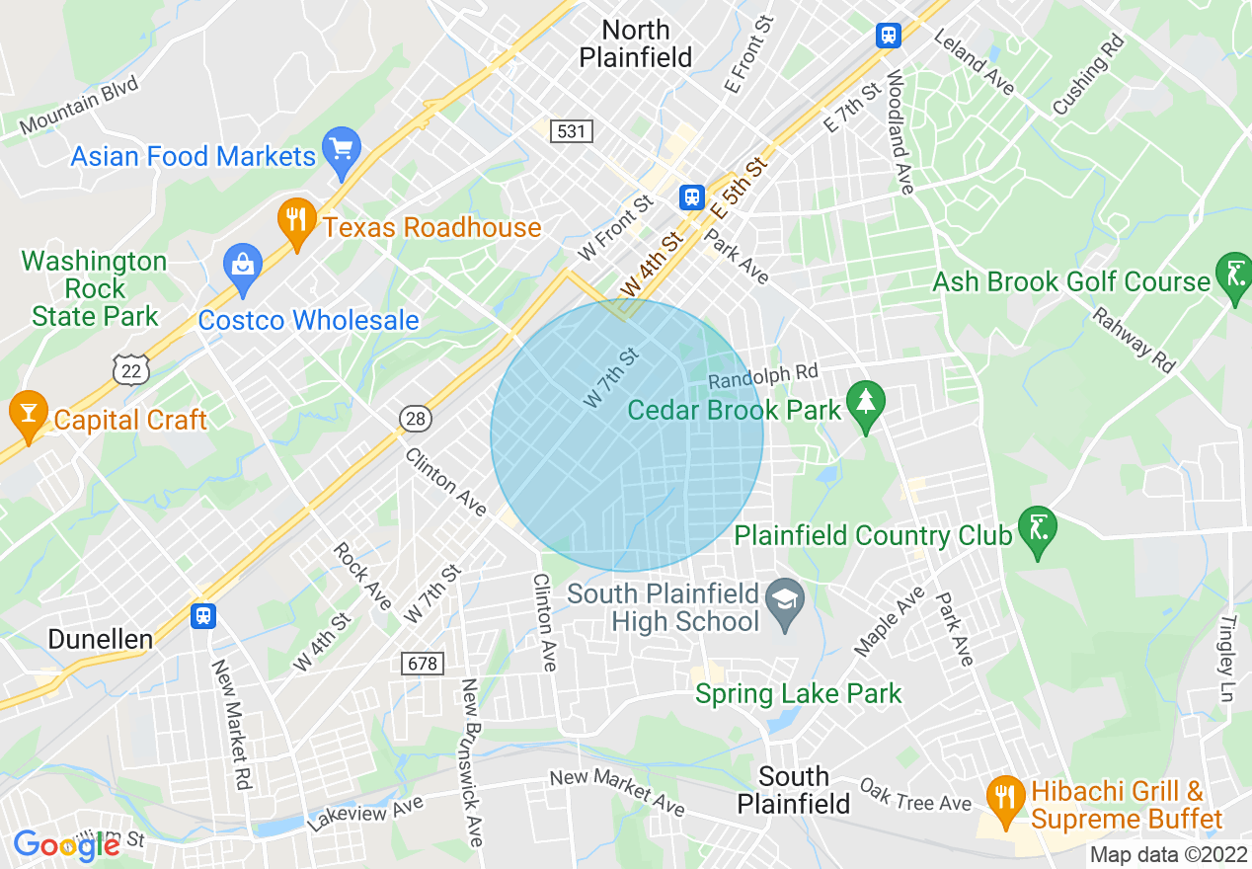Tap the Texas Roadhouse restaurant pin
pos(295,221)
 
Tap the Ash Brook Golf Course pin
pos(1234,276)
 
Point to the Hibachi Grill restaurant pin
pos(1005,798)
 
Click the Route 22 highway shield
pos(131,367)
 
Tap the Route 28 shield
pos(416,419)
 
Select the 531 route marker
pos(572,130)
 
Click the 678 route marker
pos(422,664)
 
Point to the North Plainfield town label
pos(635,43)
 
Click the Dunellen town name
pos(101,639)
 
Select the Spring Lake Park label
pos(798,693)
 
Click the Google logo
pos(66,844)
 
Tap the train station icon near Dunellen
pos(203,615)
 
